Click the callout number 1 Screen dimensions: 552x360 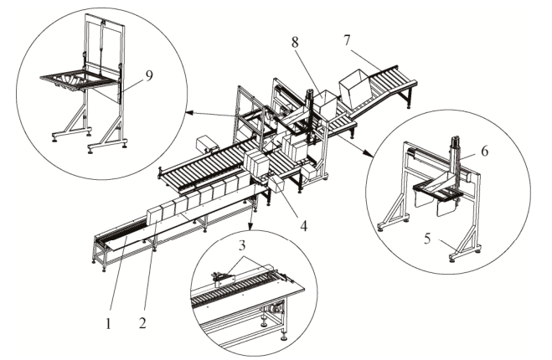coord(108,323)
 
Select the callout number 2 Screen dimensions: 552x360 coord(142,323)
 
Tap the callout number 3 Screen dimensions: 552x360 coord(241,245)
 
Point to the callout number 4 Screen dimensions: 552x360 coord(303,225)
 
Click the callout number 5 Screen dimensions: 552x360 coord(427,239)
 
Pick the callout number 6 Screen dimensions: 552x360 coord(484,151)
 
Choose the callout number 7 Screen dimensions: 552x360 coord(347,40)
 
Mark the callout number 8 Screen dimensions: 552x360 coord(295,42)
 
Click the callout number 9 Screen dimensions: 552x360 coord(149,75)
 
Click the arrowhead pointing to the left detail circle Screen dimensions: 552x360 coord(188,113)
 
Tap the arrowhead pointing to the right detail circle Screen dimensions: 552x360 coord(369,153)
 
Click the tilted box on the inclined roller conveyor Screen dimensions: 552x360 coord(354,89)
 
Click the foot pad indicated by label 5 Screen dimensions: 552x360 coord(453,260)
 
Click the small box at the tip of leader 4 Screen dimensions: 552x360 coord(278,185)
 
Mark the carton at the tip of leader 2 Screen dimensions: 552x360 coord(154,215)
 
